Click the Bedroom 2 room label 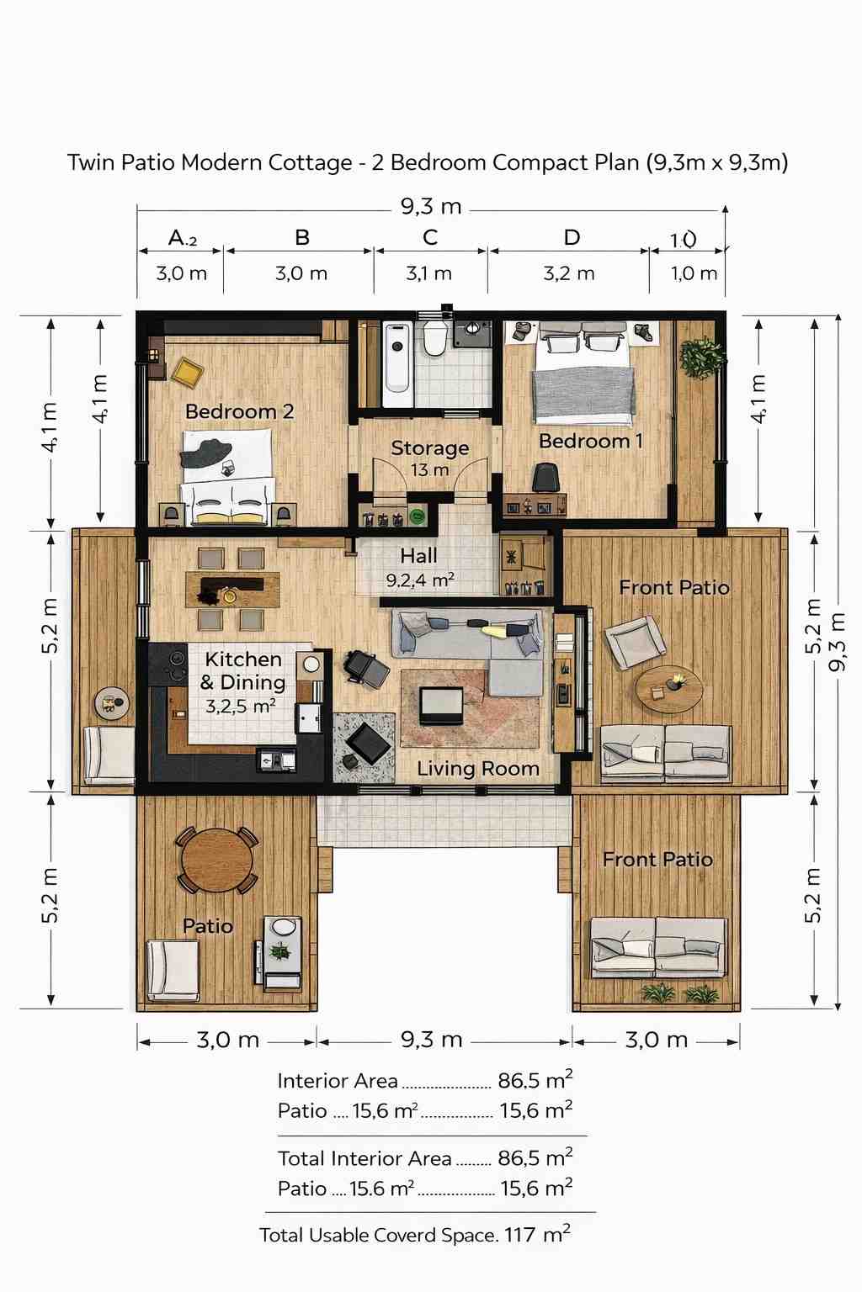[239, 411]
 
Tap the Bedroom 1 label [591, 441]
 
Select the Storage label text [429, 447]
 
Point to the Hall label [418, 555]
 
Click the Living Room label [478, 768]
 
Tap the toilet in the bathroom [434, 339]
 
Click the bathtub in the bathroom [397, 364]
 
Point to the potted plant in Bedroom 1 [701, 358]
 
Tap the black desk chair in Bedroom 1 [545, 478]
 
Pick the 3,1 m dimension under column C [429, 273]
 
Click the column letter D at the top [572, 238]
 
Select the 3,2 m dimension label [569, 273]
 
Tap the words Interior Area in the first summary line [338, 1080]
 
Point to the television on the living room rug [442, 705]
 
